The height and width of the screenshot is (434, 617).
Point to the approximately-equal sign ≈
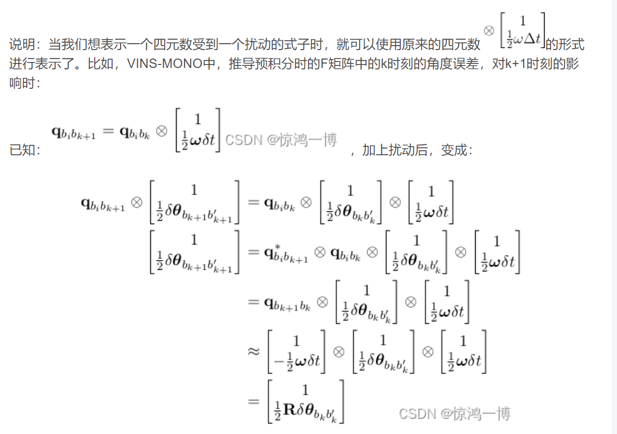(253, 352)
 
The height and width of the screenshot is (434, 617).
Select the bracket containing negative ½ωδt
(297, 352)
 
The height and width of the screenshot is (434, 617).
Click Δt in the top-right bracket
(532, 39)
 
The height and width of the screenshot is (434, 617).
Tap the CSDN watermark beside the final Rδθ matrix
(454, 414)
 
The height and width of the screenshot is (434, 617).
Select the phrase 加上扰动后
(395, 150)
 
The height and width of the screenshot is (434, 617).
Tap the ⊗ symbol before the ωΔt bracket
(489, 31)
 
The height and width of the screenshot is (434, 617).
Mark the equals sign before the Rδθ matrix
(253, 401)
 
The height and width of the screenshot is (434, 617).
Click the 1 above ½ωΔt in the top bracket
(522, 21)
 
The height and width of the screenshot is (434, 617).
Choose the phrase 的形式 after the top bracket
(565, 45)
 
